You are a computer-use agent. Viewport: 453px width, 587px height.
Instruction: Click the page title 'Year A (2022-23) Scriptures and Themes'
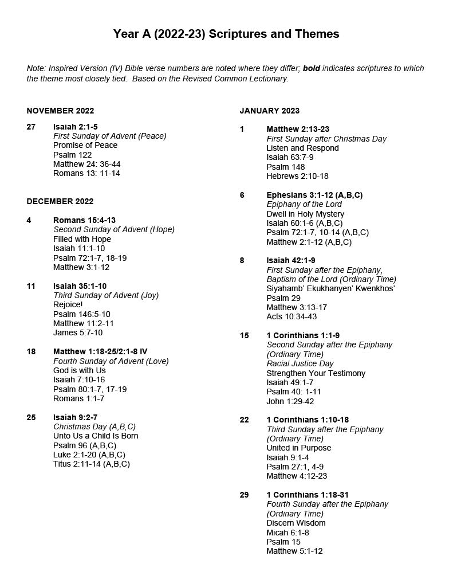coord(226,34)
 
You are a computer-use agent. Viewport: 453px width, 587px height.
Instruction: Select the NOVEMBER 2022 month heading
coord(60,111)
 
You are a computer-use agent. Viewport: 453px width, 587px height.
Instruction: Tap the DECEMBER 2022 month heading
coord(60,201)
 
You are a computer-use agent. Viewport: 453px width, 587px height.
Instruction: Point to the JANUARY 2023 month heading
coord(270,111)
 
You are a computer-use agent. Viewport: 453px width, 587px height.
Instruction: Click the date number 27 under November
coord(31,127)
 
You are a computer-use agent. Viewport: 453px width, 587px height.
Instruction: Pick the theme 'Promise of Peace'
coord(85,145)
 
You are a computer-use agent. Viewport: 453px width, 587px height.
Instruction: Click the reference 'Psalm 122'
coord(72,155)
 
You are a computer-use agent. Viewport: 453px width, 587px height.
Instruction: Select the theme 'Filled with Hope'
coord(82,239)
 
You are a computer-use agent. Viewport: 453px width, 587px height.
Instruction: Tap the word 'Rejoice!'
coord(68,304)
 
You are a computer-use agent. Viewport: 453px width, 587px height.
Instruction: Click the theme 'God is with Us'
coord(80,370)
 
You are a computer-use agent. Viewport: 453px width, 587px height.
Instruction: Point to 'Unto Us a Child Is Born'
coord(96,436)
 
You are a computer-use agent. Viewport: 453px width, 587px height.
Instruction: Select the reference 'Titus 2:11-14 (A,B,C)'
coord(92,464)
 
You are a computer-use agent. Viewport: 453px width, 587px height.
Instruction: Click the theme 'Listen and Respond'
coord(302,148)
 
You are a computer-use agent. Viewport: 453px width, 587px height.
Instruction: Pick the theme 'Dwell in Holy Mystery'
coord(305,214)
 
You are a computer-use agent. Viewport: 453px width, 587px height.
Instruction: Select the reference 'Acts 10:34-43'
coord(292,316)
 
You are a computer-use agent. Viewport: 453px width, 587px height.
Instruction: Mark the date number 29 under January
coord(245,495)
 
